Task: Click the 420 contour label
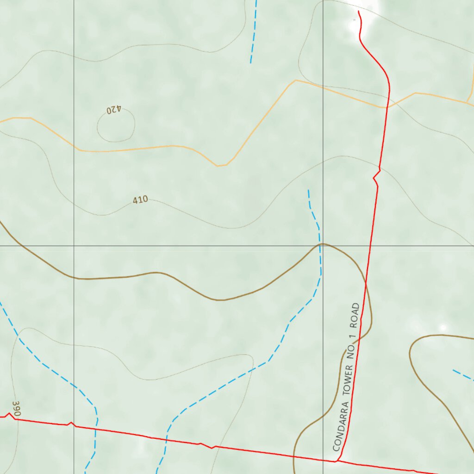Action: click(x=113, y=110)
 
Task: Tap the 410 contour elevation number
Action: click(x=140, y=200)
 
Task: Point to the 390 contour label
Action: click(x=17, y=409)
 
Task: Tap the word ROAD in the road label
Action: click(x=355, y=313)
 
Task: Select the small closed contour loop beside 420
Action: click(x=116, y=126)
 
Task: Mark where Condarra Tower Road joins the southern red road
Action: click(x=337, y=461)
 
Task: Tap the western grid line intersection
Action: click(x=74, y=246)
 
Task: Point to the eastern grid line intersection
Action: click(x=323, y=246)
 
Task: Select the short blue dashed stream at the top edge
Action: click(x=253, y=30)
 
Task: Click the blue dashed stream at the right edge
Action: click(x=463, y=374)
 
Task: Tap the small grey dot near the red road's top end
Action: click(x=355, y=20)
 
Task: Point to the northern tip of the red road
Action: click(x=358, y=12)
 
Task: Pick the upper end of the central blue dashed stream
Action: click(x=309, y=190)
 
